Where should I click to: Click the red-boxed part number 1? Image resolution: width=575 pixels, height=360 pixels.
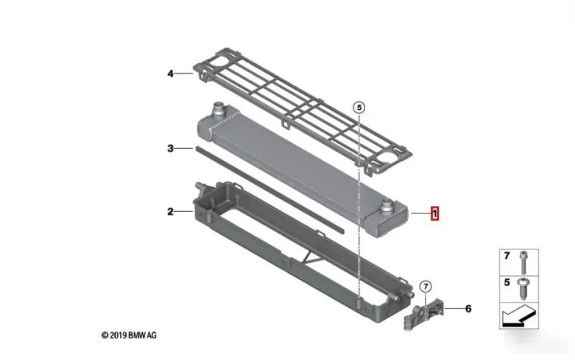click(x=435, y=213)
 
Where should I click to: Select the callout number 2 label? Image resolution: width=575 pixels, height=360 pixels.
click(x=170, y=211)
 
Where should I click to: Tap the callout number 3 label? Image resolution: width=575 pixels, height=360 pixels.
click(x=170, y=149)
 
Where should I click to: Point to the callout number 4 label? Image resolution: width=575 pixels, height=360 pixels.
click(x=170, y=74)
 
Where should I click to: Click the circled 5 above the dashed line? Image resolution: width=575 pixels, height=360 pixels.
click(x=359, y=107)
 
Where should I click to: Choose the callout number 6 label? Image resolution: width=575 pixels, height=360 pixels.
click(x=469, y=309)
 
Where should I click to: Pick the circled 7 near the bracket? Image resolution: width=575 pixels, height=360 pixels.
click(x=425, y=286)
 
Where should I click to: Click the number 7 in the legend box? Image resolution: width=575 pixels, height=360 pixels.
click(x=507, y=256)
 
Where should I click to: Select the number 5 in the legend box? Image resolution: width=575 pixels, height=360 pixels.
click(x=507, y=282)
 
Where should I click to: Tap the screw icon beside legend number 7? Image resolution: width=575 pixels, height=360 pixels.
click(x=524, y=262)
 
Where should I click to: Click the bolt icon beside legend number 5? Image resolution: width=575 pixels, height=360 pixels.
click(x=523, y=289)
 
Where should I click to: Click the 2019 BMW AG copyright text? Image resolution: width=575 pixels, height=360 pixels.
click(x=129, y=335)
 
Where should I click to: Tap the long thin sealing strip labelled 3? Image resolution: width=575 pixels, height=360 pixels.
click(x=270, y=190)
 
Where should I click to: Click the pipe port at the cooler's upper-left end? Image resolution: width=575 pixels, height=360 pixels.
click(x=219, y=109)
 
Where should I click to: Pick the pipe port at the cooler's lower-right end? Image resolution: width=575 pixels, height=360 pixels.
click(x=387, y=206)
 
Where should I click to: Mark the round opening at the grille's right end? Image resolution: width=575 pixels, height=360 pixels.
click(x=387, y=157)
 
